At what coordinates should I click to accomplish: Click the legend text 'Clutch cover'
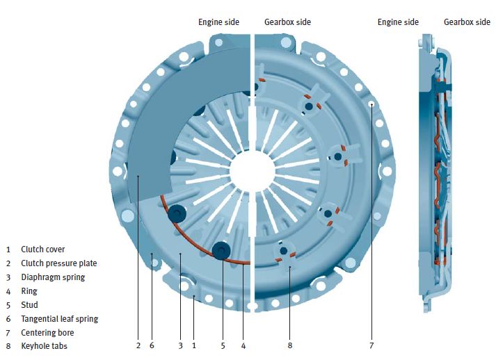coord(42,249)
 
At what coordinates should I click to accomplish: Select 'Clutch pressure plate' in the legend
coord(58,263)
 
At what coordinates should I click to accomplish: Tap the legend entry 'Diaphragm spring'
coord(53,277)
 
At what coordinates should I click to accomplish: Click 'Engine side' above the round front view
coord(218,22)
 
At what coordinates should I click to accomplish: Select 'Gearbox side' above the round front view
coord(287,22)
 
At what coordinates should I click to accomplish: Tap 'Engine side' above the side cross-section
coord(398,22)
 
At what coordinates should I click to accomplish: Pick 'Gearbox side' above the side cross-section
coord(467,22)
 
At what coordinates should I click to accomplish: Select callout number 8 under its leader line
coord(289,345)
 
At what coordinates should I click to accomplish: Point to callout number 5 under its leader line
coord(223,345)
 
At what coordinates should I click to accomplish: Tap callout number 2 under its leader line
coord(138,345)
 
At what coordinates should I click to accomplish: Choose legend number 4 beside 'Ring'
coord(8,291)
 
